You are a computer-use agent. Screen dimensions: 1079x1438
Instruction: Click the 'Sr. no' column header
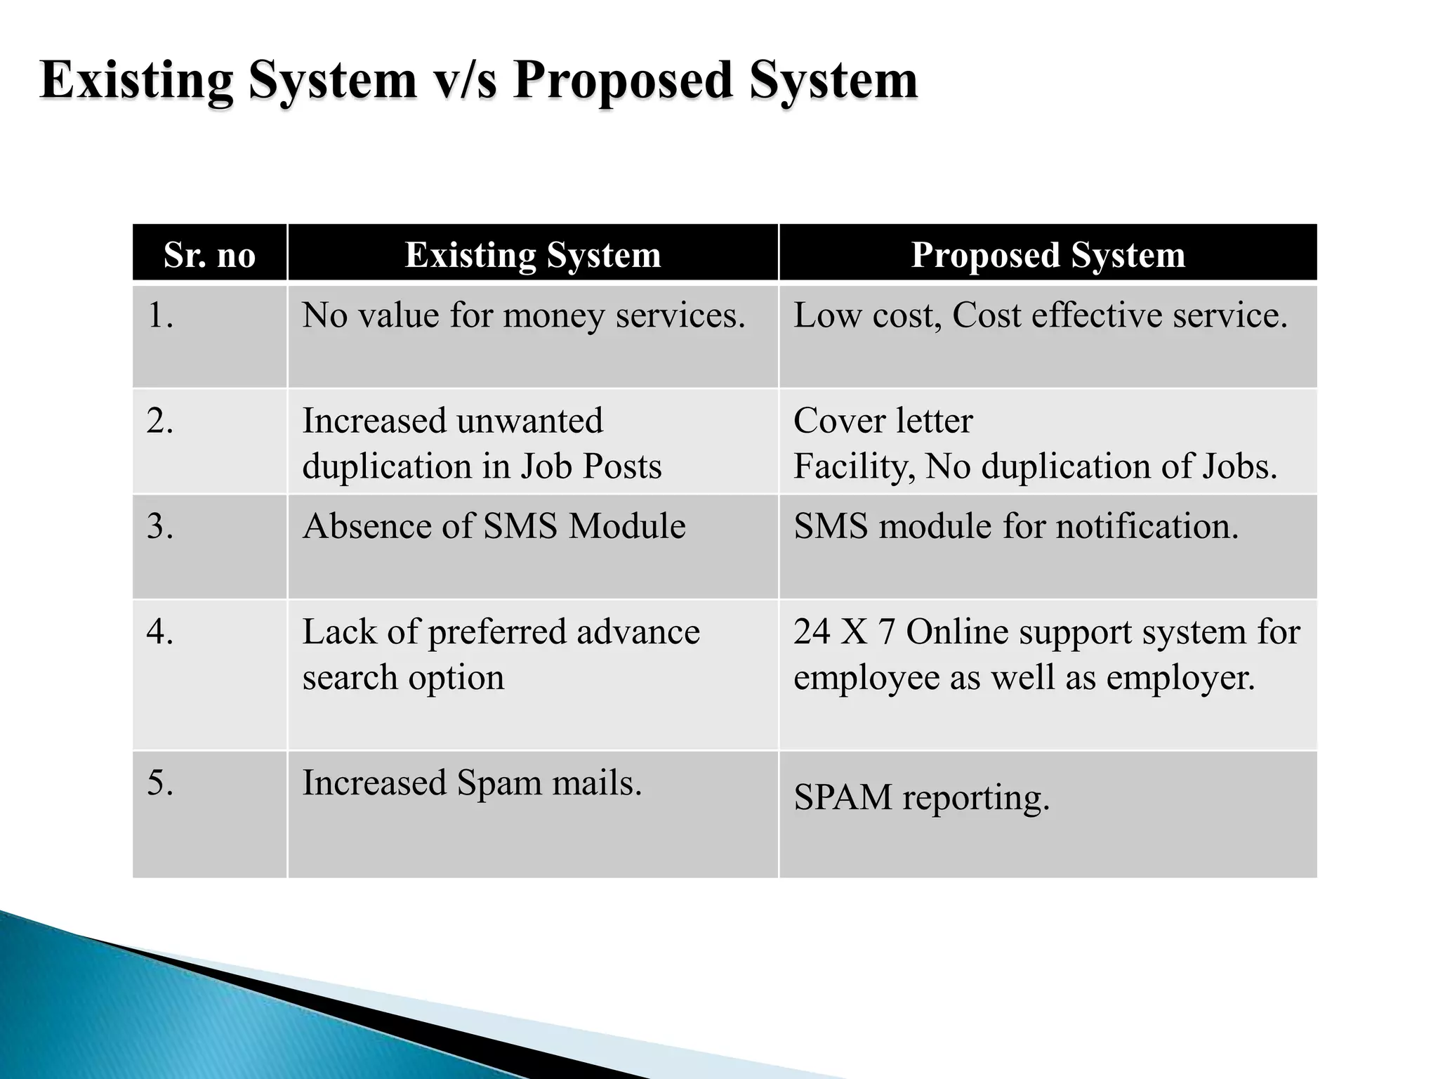(x=209, y=254)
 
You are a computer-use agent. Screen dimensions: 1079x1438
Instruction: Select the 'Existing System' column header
(x=533, y=254)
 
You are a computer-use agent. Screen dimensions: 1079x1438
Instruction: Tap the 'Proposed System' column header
(x=1048, y=254)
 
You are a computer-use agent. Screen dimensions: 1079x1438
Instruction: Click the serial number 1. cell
(x=160, y=315)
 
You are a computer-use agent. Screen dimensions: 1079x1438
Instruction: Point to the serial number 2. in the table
(x=160, y=421)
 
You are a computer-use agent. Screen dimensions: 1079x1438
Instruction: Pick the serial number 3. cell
(x=160, y=526)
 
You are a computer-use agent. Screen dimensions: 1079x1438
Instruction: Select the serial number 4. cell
(x=160, y=632)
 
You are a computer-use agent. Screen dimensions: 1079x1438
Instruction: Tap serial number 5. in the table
(x=160, y=783)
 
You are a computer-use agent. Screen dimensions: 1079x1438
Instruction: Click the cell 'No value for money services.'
(x=523, y=315)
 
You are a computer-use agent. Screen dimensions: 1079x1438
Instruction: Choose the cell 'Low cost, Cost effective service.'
(x=1040, y=315)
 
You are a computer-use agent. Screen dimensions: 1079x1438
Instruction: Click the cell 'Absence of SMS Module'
(x=494, y=526)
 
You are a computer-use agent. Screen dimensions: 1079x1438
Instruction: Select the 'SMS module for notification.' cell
(x=1016, y=526)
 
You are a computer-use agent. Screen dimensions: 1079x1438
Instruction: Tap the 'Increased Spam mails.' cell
(x=472, y=783)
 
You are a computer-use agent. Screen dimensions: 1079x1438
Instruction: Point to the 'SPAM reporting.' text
(x=921, y=798)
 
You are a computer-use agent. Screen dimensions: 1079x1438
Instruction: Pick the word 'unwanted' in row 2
(x=529, y=421)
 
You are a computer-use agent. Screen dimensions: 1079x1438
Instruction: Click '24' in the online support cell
(x=812, y=632)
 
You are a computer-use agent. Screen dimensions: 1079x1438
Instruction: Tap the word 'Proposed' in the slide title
(x=624, y=81)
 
